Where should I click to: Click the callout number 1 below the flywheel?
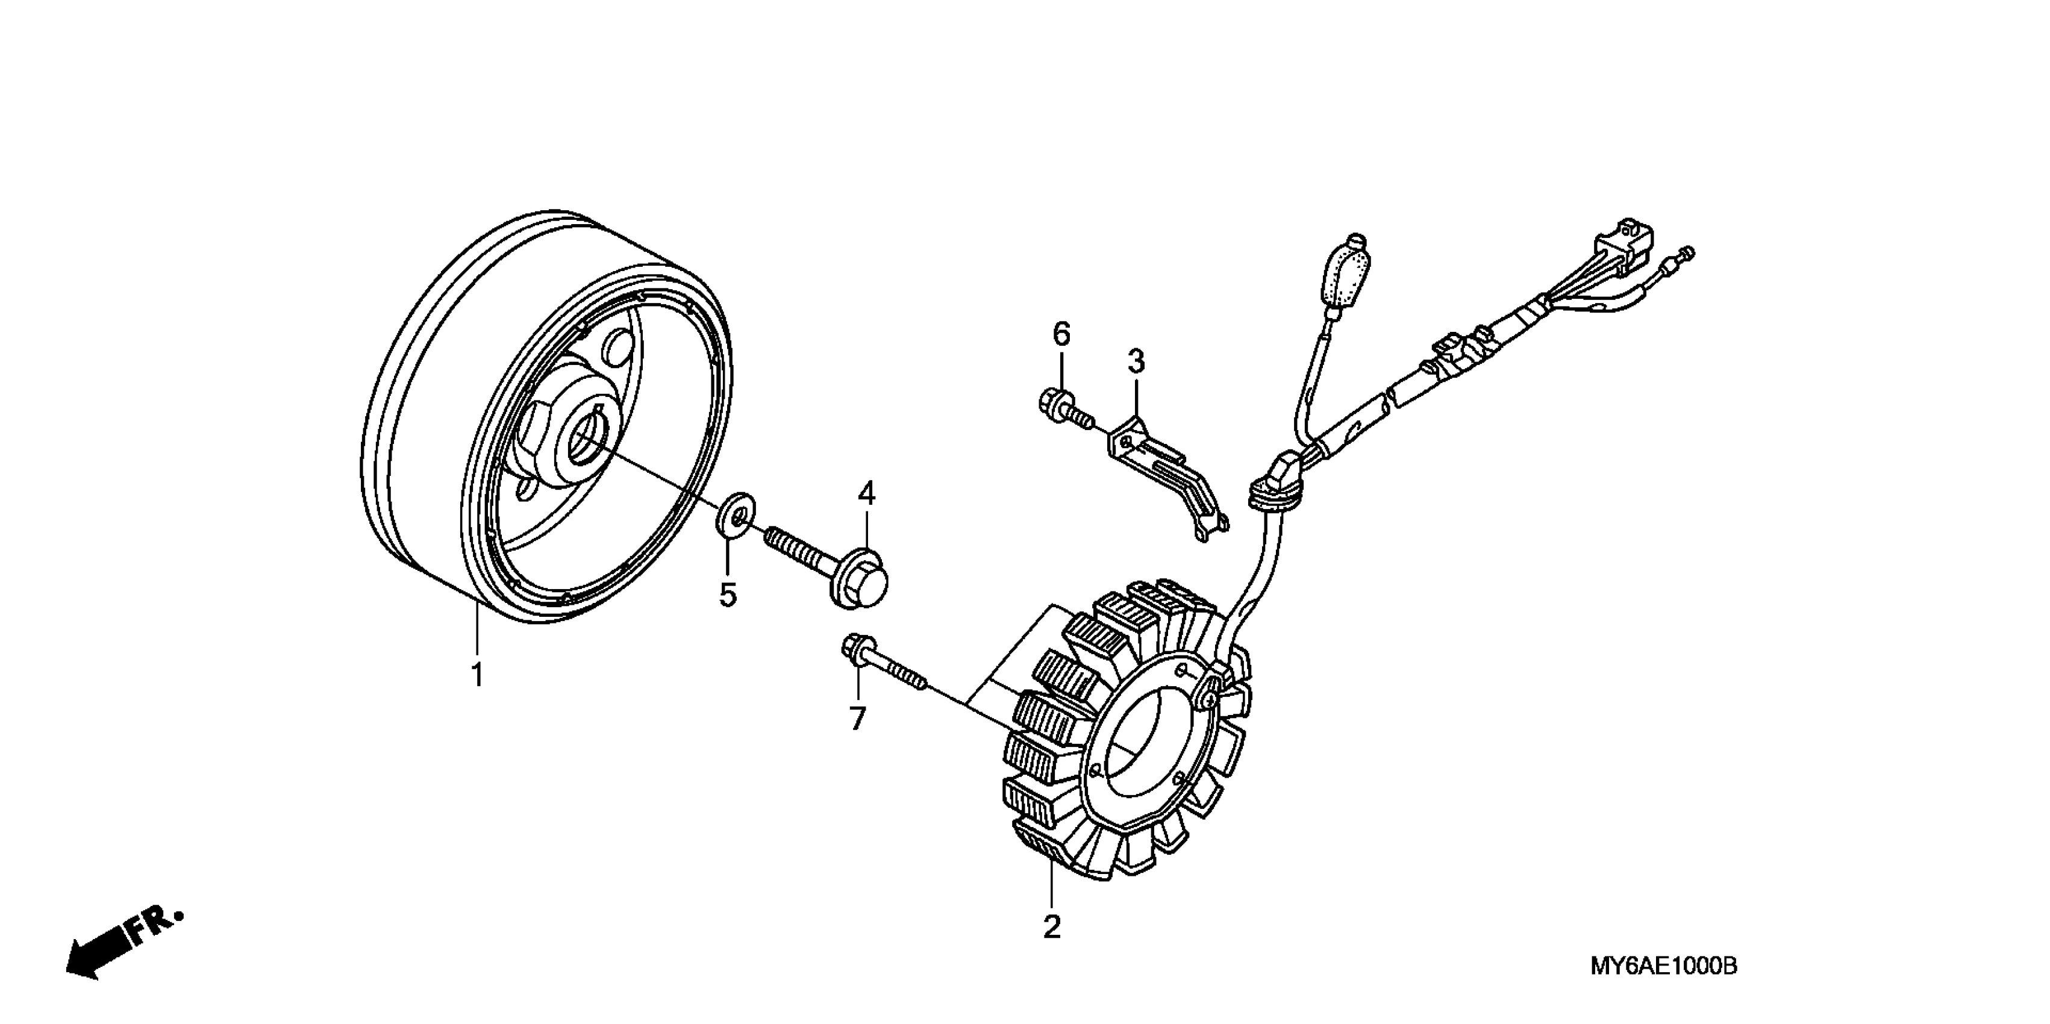click(477, 674)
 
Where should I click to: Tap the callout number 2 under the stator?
click(1051, 927)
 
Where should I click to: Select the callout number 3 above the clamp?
click(1136, 362)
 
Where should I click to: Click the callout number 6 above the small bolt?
click(1061, 334)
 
